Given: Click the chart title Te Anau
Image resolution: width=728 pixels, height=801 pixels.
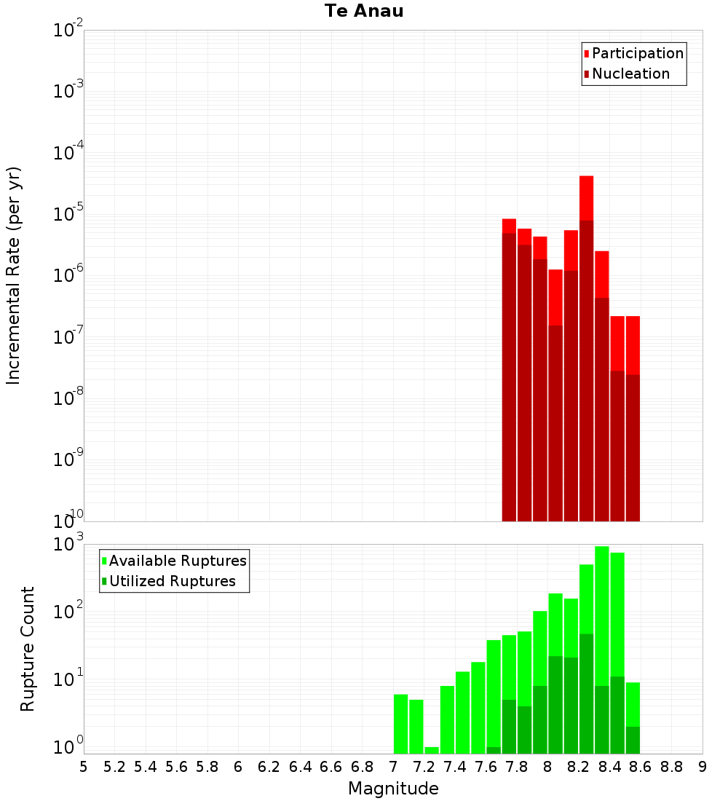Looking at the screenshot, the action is point(364,11).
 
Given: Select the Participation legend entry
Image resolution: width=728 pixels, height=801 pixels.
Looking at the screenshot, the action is point(633,53).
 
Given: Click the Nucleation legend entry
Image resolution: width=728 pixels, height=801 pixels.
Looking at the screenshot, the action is point(627,74).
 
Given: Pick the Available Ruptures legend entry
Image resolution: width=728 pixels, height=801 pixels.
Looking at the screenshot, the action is point(174,561).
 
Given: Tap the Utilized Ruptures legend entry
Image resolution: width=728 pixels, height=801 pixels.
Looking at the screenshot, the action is point(169,581).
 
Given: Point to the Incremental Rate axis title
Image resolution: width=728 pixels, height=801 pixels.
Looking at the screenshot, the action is point(13,275).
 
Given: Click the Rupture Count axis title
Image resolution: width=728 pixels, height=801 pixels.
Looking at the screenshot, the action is point(27,649).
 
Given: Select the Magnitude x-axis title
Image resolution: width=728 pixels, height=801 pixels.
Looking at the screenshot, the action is point(393,788).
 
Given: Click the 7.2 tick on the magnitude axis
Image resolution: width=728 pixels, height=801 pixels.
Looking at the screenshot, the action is point(424,767).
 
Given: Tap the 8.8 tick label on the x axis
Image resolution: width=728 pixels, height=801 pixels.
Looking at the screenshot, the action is point(671,767).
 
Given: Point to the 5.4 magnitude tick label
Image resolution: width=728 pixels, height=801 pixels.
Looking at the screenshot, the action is point(146,767).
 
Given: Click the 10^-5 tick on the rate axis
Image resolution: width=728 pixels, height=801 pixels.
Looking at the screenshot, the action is point(68,213).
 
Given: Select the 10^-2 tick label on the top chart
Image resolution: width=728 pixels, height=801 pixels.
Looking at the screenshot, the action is point(68,28).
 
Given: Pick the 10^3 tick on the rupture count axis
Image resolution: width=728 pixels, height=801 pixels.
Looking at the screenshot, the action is point(68,543).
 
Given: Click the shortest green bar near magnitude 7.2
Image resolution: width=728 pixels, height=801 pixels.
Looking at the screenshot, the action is point(432,751).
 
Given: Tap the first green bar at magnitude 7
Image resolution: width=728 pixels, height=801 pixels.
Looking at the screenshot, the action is point(400,724).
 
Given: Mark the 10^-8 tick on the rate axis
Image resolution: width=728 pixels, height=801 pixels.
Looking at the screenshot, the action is point(68,397).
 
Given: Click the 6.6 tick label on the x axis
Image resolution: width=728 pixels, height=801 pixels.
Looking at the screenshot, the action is point(331,767).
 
